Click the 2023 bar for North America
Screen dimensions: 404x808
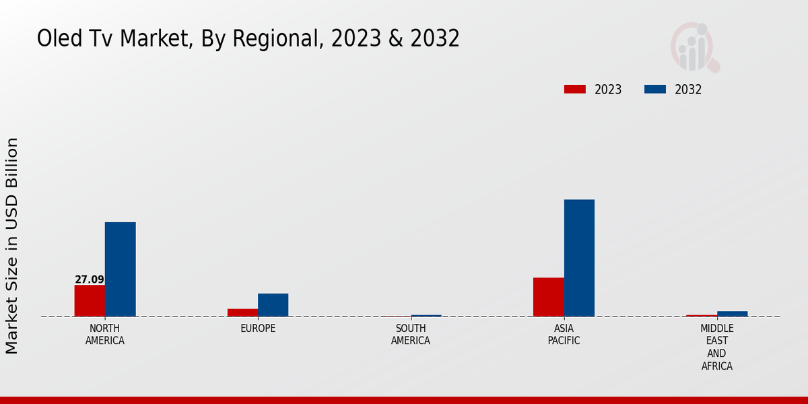[90, 300]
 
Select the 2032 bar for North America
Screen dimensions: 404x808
[120, 269]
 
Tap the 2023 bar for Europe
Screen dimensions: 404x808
[242, 312]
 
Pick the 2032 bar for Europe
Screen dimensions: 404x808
[273, 305]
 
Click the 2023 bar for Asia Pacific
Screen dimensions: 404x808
[548, 297]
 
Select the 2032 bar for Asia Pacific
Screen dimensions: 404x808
[579, 258]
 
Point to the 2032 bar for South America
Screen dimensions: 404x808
[426, 315]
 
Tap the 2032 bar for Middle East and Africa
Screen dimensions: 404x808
[732, 314]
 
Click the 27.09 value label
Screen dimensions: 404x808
[90, 279]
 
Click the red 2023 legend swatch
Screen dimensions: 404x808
[575, 90]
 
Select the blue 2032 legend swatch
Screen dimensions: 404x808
[655, 90]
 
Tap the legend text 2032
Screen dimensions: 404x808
[688, 90]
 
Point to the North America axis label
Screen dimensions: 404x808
[105, 335]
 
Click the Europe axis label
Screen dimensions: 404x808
[258, 329]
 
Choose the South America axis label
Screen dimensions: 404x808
[411, 335]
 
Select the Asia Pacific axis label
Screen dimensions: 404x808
[564, 335]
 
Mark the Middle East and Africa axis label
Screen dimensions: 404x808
[716, 347]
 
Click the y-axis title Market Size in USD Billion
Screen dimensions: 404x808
[12, 246]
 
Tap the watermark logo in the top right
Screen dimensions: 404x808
[695, 47]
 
